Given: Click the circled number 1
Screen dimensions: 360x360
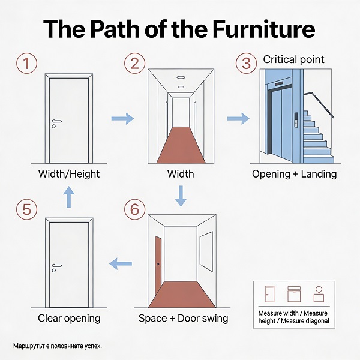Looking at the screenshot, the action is click(x=26, y=63).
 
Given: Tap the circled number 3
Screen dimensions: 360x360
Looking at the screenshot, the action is click(x=246, y=64).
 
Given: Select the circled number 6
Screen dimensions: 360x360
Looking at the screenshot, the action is click(x=135, y=209).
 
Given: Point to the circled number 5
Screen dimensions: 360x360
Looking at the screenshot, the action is click(x=26, y=209).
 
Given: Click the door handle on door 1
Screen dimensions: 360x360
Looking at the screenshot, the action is click(x=56, y=121).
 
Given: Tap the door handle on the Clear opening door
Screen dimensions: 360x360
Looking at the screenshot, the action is click(x=56, y=266).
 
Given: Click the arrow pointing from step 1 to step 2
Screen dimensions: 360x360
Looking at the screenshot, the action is click(x=122, y=118).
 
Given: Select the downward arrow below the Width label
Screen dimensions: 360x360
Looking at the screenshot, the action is click(x=181, y=196).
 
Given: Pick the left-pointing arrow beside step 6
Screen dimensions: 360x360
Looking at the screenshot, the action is click(x=121, y=263).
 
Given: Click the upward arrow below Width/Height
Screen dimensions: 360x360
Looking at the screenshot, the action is click(x=68, y=197).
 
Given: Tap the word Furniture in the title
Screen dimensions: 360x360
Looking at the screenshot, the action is click(x=264, y=29).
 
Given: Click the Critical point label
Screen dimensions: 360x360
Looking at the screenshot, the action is click(x=293, y=59).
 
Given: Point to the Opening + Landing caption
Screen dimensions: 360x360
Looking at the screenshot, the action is click(x=295, y=174).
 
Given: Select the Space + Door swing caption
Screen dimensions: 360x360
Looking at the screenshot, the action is click(x=183, y=318).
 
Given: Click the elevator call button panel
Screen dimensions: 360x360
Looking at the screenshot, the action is click(x=296, y=119).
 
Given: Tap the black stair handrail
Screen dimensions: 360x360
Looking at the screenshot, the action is click(x=319, y=105).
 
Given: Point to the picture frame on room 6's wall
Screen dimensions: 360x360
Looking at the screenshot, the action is click(x=206, y=251).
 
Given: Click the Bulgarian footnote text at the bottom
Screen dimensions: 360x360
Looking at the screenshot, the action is click(x=58, y=346).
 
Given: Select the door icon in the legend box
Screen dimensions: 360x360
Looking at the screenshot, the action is click(x=269, y=294).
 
